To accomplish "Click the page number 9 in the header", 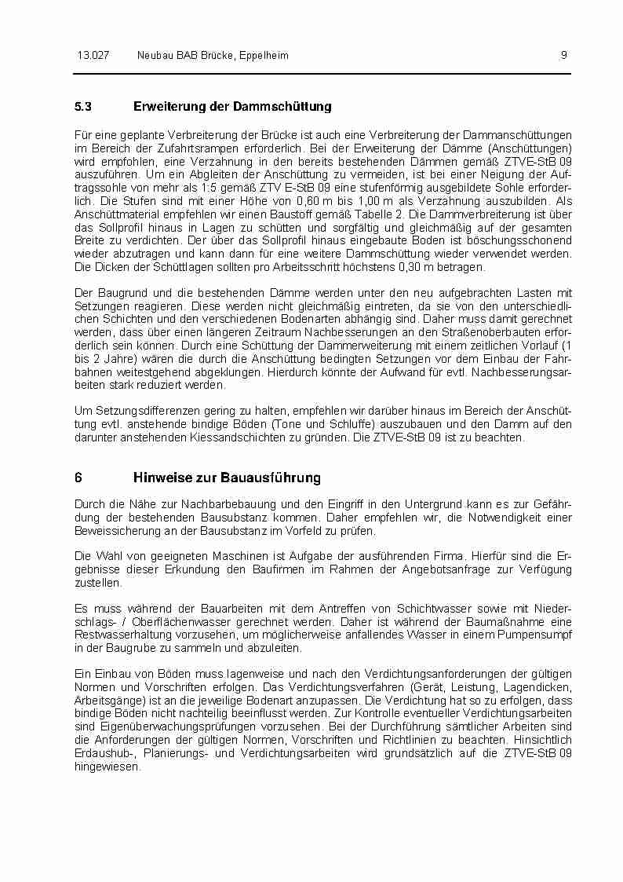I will point(564,55).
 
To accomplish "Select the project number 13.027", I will point(92,55).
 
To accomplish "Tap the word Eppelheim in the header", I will point(261,55).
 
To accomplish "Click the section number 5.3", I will point(83,106).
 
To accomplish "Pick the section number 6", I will point(78,478).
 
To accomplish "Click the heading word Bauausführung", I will point(271,478).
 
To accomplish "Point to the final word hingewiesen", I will point(107,767).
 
